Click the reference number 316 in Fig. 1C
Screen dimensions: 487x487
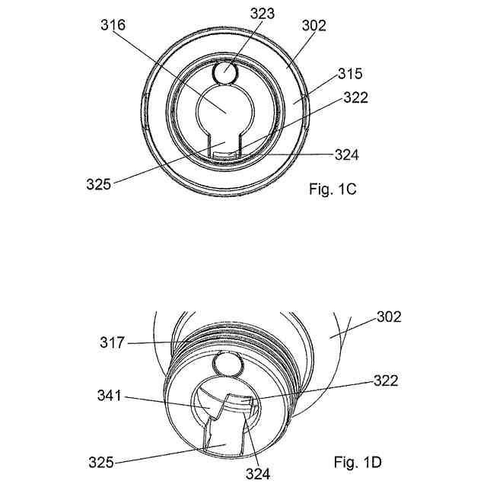[x=113, y=24]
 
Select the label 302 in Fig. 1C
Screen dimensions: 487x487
[x=314, y=25]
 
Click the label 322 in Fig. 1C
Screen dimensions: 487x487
[x=356, y=97]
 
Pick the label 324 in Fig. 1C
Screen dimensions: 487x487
[x=346, y=154]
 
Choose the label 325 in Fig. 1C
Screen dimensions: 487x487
[x=99, y=183]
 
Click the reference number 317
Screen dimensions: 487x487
[x=112, y=344]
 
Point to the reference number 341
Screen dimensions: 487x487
[x=112, y=395]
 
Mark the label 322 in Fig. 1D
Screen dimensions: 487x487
[x=385, y=380]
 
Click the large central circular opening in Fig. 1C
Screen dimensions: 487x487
[x=224, y=110]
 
